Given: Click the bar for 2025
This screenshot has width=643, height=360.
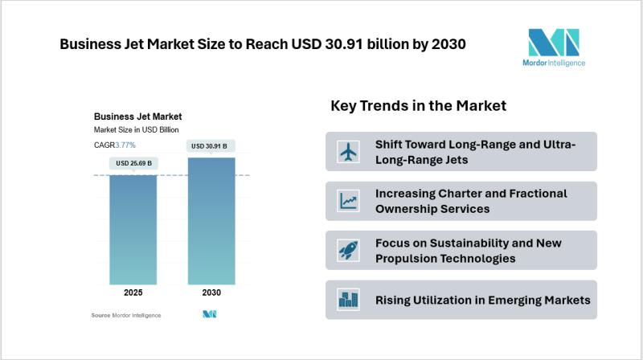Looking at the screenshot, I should [x=133, y=229].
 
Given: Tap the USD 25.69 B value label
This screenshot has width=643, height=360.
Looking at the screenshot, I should [x=133, y=163].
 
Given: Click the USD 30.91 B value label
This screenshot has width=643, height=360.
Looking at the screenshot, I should [x=212, y=146].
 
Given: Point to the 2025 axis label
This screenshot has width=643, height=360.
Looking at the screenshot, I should [x=133, y=292].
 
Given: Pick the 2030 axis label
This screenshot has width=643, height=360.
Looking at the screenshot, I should [x=212, y=292].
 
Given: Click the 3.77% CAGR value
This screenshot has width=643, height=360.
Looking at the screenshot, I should [x=125, y=145].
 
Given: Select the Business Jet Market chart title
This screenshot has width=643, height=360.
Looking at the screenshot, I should [x=137, y=116].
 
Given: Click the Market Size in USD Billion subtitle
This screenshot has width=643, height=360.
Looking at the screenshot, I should [x=136, y=129].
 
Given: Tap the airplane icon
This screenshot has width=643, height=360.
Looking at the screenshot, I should [x=348, y=151].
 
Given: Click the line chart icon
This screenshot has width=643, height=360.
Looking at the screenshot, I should [x=348, y=201].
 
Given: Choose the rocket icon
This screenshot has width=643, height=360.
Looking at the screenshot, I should [x=348, y=251].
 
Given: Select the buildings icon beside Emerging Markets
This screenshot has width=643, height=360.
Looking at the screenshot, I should [x=348, y=300].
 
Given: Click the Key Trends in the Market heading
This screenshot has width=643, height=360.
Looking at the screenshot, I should [x=418, y=106].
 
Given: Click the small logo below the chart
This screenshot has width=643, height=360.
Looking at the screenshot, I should [x=210, y=315].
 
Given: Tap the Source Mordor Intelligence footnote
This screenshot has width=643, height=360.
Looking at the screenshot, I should [x=126, y=315].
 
